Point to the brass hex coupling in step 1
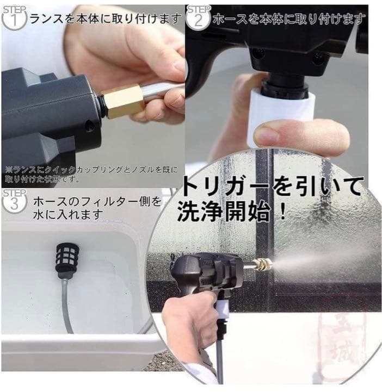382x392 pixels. click(122, 101)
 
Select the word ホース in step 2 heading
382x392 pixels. click(228, 20)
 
